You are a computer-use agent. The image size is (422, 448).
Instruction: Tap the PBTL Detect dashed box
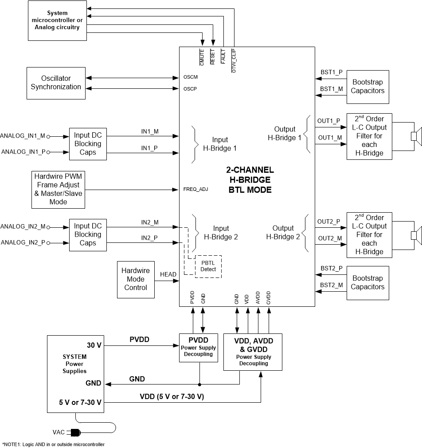pos(208,266)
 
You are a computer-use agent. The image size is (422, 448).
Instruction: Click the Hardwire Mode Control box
pos(135,279)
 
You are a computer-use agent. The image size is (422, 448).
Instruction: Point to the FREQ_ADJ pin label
pos(195,189)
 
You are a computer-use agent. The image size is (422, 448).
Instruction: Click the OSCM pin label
pos(191,77)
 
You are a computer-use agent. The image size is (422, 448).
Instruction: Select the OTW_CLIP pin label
pos(234,60)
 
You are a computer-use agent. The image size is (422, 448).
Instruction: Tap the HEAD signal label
pos(168,274)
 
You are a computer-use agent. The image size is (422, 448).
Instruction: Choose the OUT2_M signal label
pos(329,239)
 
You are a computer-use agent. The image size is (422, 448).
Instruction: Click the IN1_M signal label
pos(150,131)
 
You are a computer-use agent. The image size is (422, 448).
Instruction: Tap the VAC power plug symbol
pos(74,432)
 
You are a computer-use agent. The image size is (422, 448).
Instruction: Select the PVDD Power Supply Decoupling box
pos(199,347)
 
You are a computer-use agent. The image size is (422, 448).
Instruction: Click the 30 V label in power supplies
pos(94,345)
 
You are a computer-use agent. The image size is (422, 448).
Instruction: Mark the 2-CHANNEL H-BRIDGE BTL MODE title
pos(247,180)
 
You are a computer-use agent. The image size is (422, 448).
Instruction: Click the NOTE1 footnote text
pos(54,444)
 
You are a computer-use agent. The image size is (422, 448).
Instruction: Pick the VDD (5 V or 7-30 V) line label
pos(172,396)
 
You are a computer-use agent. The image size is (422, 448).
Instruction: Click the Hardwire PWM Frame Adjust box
pos(58,189)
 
